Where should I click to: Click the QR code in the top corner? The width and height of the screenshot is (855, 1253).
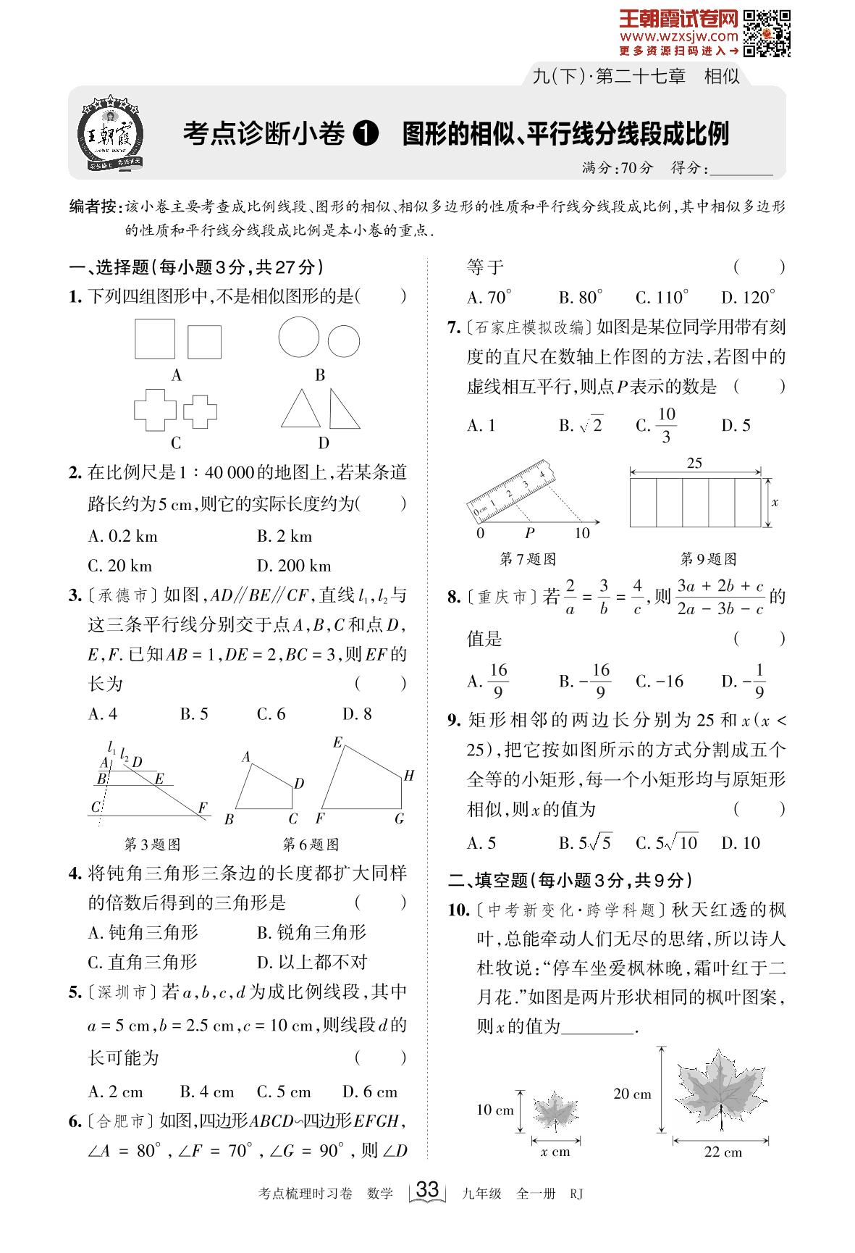tap(768, 33)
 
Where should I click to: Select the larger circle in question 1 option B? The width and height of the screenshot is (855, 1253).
tap(299, 338)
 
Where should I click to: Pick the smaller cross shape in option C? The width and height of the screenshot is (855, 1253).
tap(200, 411)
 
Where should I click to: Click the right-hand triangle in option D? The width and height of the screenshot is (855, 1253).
tap(343, 409)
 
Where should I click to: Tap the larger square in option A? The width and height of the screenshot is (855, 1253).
tap(155, 339)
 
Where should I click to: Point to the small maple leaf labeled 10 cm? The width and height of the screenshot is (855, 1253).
tap(555, 1111)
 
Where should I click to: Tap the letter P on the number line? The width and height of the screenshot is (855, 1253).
tap(530, 534)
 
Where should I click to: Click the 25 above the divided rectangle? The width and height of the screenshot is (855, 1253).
tap(694, 464)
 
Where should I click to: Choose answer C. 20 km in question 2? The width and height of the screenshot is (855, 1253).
tap(120, 566)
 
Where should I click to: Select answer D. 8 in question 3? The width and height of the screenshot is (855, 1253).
tap(357, 714)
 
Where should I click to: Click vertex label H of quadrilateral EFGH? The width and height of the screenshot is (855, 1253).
tap(409, 776)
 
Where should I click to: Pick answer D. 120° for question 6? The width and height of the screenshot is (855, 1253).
tap(749, 297)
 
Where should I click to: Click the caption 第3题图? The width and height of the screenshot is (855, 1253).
tap(152, 844)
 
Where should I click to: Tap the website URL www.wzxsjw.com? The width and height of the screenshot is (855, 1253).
tap(678, 35)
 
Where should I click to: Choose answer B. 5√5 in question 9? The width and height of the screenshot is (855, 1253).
tap(585, 843)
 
